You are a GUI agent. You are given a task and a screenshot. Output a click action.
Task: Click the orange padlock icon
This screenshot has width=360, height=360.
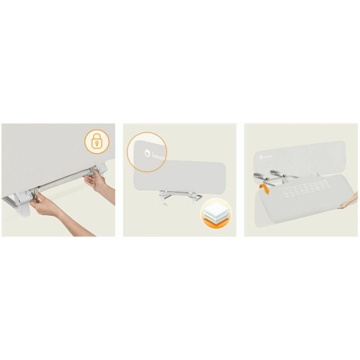pyautogui.click(x=96, y=142)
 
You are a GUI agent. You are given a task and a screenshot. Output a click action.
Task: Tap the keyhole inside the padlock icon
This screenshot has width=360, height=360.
pyautogui.click(x=96, y=144)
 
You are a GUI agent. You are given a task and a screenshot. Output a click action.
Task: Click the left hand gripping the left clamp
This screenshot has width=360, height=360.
pyautogui.click(x=45, y=205)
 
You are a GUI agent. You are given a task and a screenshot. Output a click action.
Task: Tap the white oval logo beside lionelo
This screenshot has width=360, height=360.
pyautogui.click(x=147, y=152)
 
